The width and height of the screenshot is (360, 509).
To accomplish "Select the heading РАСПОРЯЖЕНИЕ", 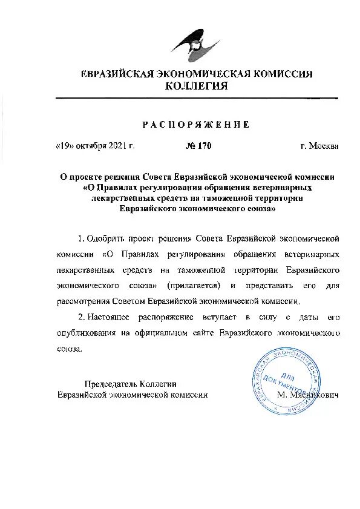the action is click(195, 124).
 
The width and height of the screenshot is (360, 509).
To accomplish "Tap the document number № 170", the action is click(197, 146).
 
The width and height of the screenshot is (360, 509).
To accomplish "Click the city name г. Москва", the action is click(319, 146).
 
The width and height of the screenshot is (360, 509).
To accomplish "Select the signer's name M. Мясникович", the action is click(307, 394).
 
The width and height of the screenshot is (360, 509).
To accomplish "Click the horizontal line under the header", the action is click(196, 97).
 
